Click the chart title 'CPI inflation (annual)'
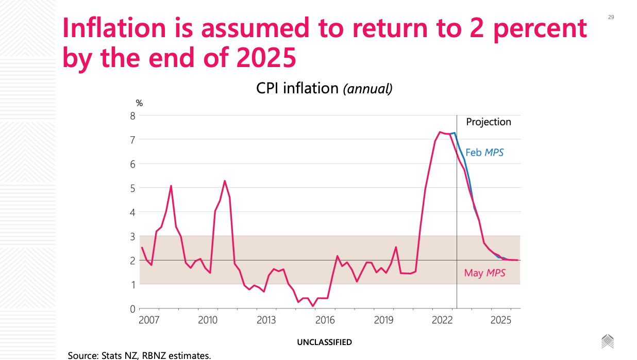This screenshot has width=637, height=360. click(324, 88)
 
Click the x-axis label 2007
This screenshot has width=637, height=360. click(148, 320)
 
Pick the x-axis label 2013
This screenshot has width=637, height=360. click(266, 320)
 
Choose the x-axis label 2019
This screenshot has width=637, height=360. click(383, 320)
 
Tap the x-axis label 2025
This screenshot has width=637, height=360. click(500, 320)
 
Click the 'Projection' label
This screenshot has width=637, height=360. click(489, 122)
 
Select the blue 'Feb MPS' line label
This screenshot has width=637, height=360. click(484, 153)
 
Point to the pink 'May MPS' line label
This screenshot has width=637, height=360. click(484, 273)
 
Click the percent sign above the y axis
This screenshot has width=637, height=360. click(139, 104)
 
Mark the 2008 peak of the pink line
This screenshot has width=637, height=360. click(171, 186)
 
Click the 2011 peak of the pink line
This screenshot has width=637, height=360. click(225, 181)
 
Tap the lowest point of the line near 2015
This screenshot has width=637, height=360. click(313, 306)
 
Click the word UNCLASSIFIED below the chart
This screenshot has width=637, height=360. click(325, 342)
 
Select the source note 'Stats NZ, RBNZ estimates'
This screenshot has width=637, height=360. click(139, 355)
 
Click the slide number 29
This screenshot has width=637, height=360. click(611, 17)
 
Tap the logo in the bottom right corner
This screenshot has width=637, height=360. click(608, 341)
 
